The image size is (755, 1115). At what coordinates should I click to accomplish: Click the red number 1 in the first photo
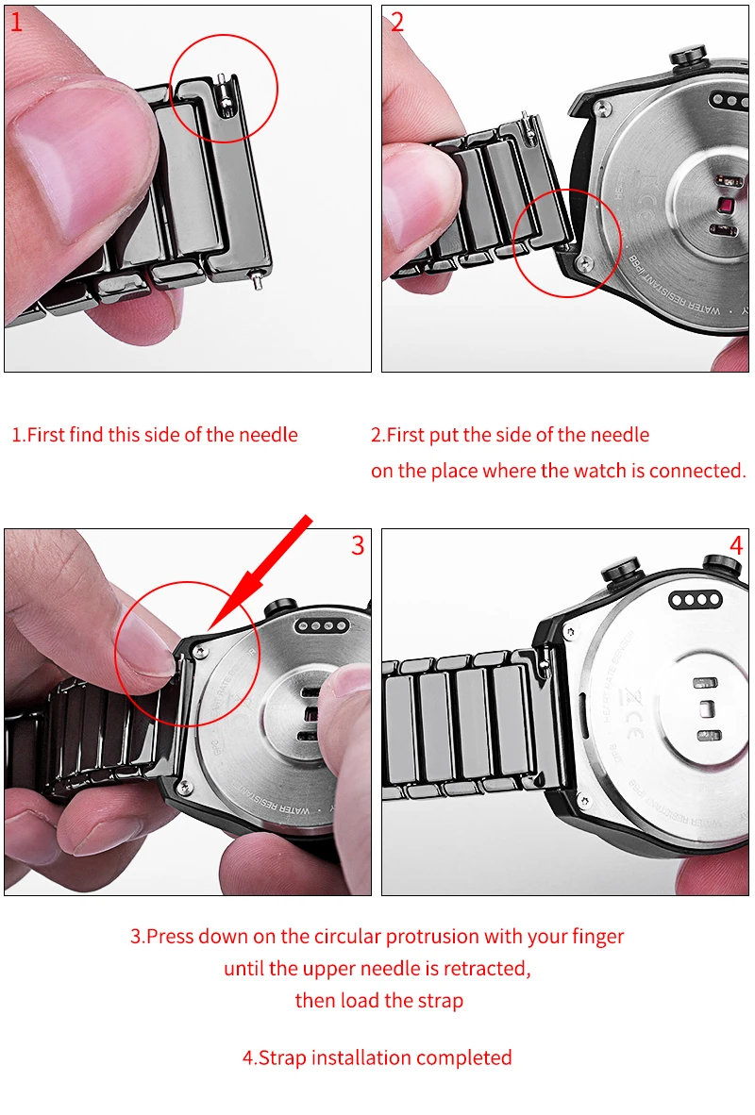tap(16, 22)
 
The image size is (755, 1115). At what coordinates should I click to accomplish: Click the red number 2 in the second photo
tap(397, 22)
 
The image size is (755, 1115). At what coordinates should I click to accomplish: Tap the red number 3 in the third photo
tap(358, 545)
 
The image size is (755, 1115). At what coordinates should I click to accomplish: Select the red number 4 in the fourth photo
tap(736, 545)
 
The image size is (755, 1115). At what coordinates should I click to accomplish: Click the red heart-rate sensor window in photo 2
tap(727, 207)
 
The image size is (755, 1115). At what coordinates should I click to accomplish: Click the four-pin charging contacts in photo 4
tap(696, 601)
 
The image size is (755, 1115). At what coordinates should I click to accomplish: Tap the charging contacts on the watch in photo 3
tap(323, 626)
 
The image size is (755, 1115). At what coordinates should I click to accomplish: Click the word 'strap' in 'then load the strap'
tap(441, 1001)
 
